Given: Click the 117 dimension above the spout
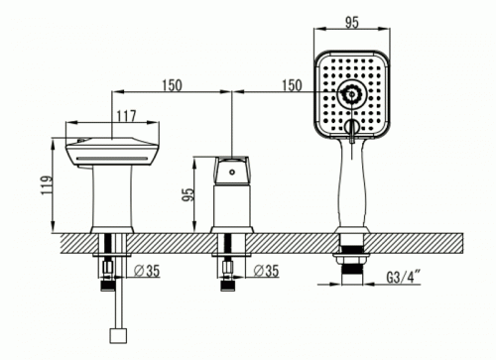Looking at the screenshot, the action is (x=126, y=116).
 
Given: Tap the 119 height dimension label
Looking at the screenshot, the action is (x=48, y=185).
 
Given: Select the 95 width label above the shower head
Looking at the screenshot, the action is (x=352, y=23).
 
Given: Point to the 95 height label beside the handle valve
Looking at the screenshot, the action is (x=187, y=194).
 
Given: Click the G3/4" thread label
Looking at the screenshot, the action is (x=404, y=277).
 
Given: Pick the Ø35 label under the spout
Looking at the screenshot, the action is (x=147, y=271).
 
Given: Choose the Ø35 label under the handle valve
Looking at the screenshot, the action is (x=266, y=271).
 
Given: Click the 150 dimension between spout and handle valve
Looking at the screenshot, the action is (x=172, y=85).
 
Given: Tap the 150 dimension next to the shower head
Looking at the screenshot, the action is (x=292, y=85).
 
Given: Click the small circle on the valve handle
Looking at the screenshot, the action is (x=232, y=172).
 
